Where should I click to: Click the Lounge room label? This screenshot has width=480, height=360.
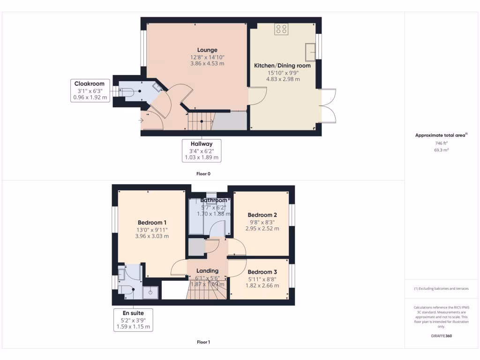pyautogui.click(x=207, y=50)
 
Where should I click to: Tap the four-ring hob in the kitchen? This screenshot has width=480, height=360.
pyautogui.click(x=281, y=30)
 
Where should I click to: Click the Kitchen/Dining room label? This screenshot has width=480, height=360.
pyautogui.click(x=282, y=66)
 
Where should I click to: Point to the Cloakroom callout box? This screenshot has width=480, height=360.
pyautogui.click(x=90, y=90)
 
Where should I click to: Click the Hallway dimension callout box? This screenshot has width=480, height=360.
pyautogui.click(x=202, y=150)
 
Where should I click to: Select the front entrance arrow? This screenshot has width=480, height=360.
pyautogui.click(x=142, y=120)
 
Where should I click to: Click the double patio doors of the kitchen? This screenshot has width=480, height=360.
pyautogui.click(x=327, y=105)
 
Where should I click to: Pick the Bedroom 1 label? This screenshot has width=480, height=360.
pyautogui.click(x=152, y=222)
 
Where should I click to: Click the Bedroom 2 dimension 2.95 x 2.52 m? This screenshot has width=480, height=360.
pyautogui.click(x=262, y=229)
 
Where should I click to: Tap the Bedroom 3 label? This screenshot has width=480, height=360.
pyautogui.click(x=262, y=272)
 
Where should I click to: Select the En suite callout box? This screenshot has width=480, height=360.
pyautogui.click(x=133, y=320)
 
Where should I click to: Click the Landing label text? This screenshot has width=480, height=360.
pyautogui.click(x=207, y=271)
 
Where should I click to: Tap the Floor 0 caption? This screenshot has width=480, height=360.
pyautogui.click(x=203, y=173)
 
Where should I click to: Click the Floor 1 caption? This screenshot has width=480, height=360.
pyautogui.click(x=203, y=342)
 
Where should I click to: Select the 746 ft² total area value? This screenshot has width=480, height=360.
pyautogui.click(x=441, y=143)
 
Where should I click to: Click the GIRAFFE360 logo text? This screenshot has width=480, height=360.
pyautogui.click(x=441, y=336)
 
